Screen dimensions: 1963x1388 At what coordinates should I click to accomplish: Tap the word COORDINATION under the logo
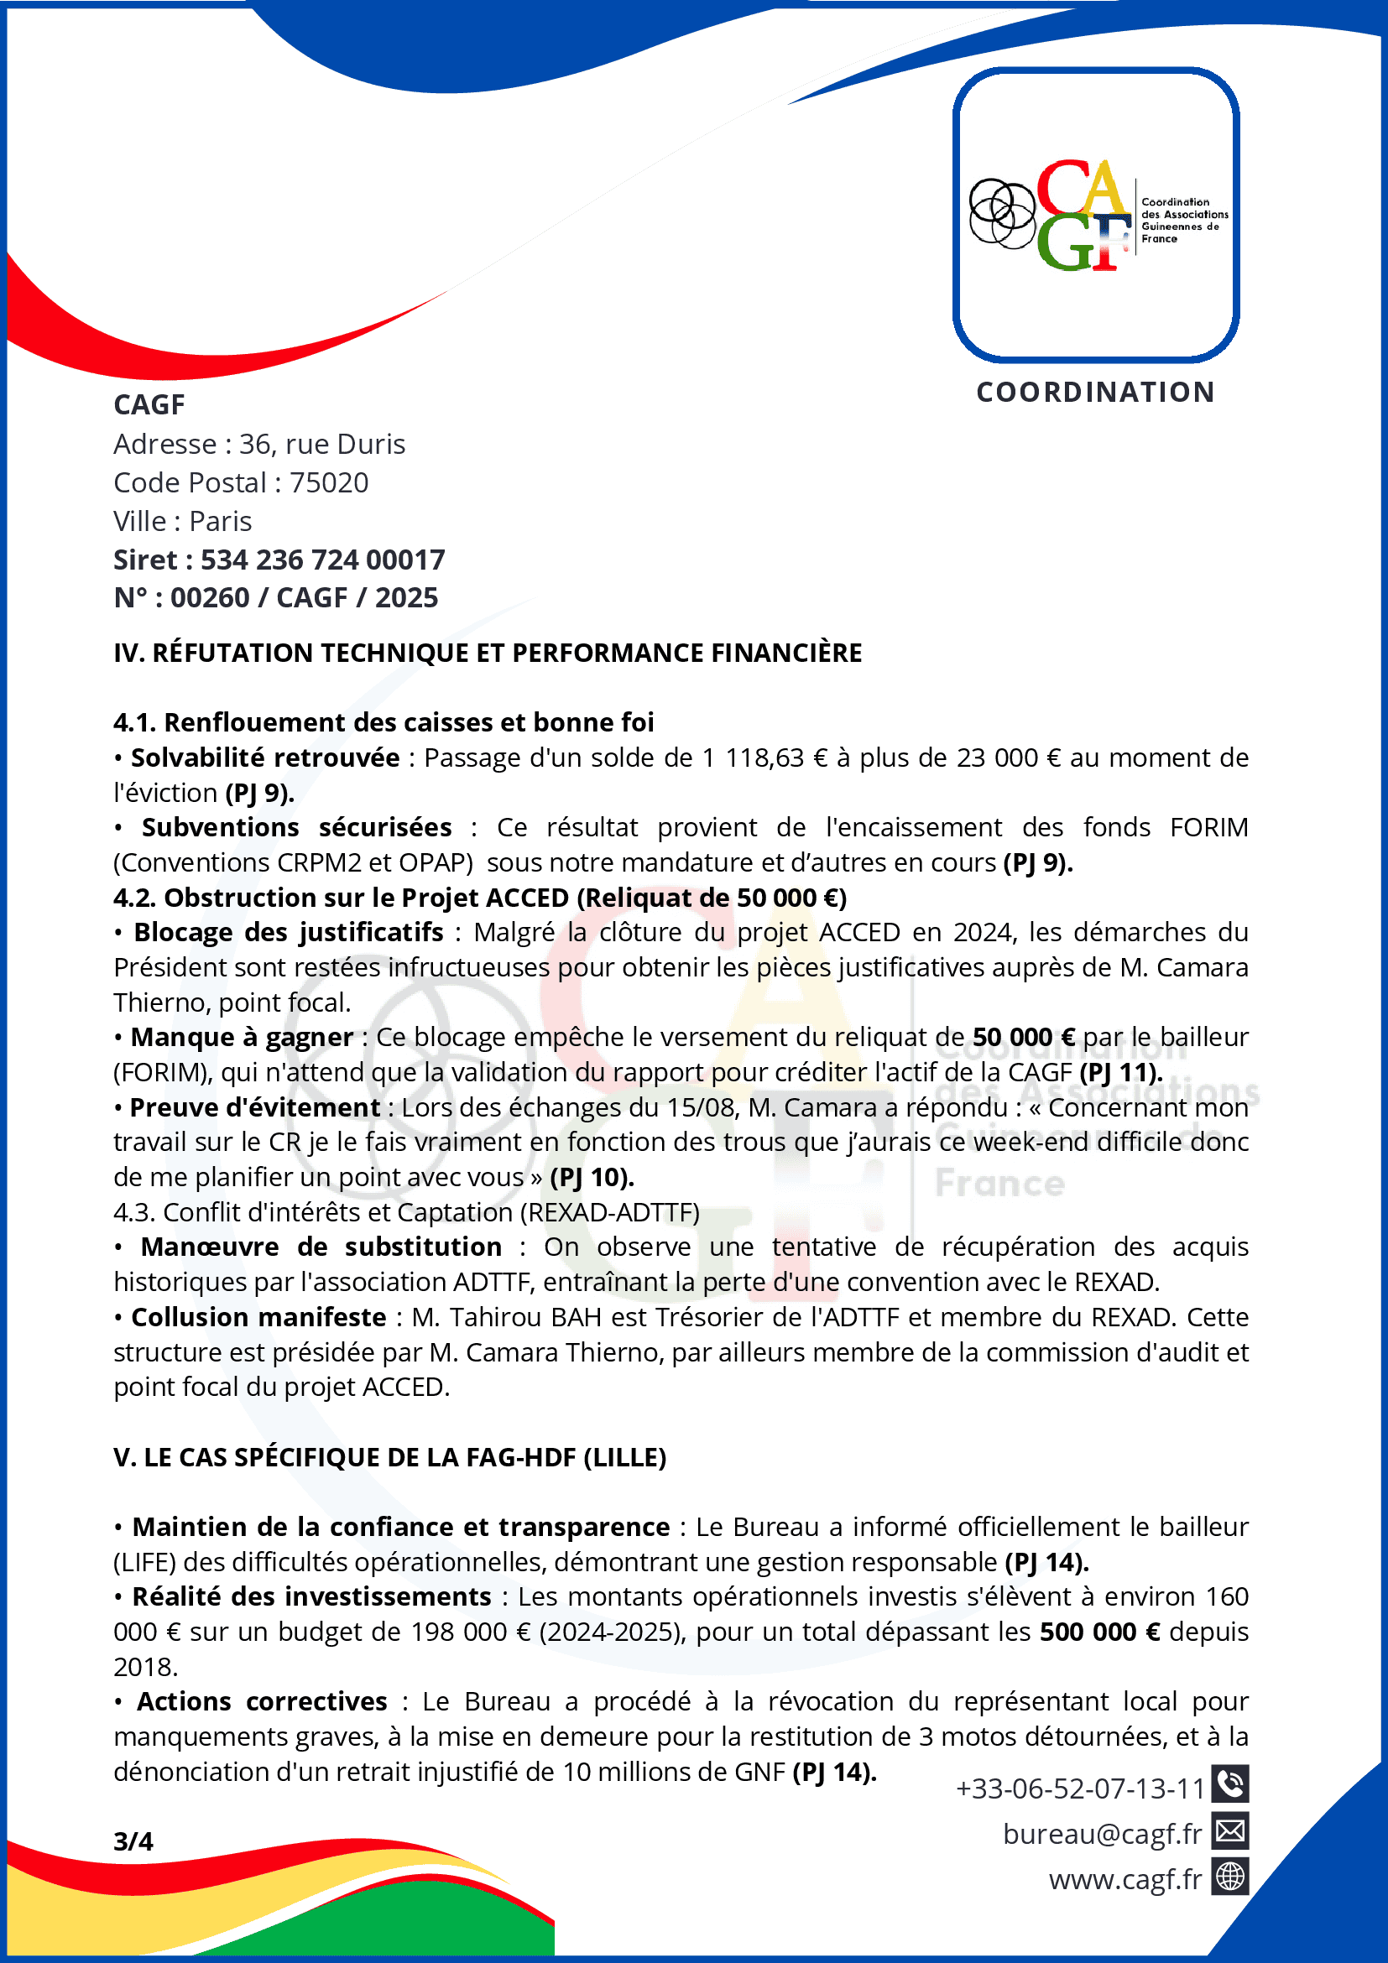click(1095, 393)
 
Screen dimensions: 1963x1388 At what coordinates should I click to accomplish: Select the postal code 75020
click(328, 483)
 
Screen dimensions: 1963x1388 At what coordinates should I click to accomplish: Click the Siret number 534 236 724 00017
click(322, 560)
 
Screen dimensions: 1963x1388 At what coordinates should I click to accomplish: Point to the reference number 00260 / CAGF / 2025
click(304, 597)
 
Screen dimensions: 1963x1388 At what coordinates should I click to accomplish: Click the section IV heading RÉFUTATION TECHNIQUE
click(488, 653)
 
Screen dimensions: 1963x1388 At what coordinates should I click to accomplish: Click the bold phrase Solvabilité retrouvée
click(265, 758)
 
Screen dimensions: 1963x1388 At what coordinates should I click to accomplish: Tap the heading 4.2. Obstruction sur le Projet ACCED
click(479, 898)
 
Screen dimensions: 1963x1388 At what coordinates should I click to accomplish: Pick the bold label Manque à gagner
click(242, 1037)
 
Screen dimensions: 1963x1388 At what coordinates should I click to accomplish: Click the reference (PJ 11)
click(1120, 1072)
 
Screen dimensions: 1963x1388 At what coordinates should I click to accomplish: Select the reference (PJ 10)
click(592, 1177)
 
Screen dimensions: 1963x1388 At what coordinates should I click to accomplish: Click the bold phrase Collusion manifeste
click(258, 1318)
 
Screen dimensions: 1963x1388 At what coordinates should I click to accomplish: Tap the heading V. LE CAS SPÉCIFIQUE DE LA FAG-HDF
click(390, 1458)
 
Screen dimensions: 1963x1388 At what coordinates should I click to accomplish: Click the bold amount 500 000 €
click(1100, 1632)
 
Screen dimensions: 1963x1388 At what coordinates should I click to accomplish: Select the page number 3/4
click(133, 1841)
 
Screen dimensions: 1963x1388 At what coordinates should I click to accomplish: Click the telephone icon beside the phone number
click(1229, 1783)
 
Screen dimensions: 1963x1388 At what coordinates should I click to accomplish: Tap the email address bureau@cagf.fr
click(1102, 1834)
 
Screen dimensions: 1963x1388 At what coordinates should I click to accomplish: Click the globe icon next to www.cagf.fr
click(1229, 1877)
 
